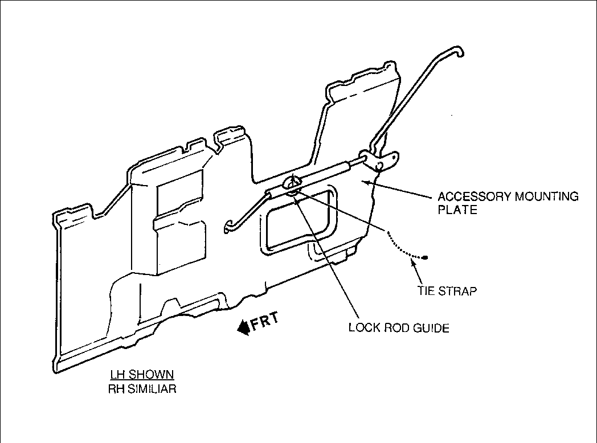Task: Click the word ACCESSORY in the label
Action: [x=475, y=197]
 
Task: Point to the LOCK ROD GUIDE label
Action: [x=399, y=328]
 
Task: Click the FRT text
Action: [x=265, y=322]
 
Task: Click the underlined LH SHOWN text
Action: [x=142, y=375]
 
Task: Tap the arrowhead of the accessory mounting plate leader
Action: [x=367, y=181]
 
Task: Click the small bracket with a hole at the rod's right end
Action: [x=382, y=162]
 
